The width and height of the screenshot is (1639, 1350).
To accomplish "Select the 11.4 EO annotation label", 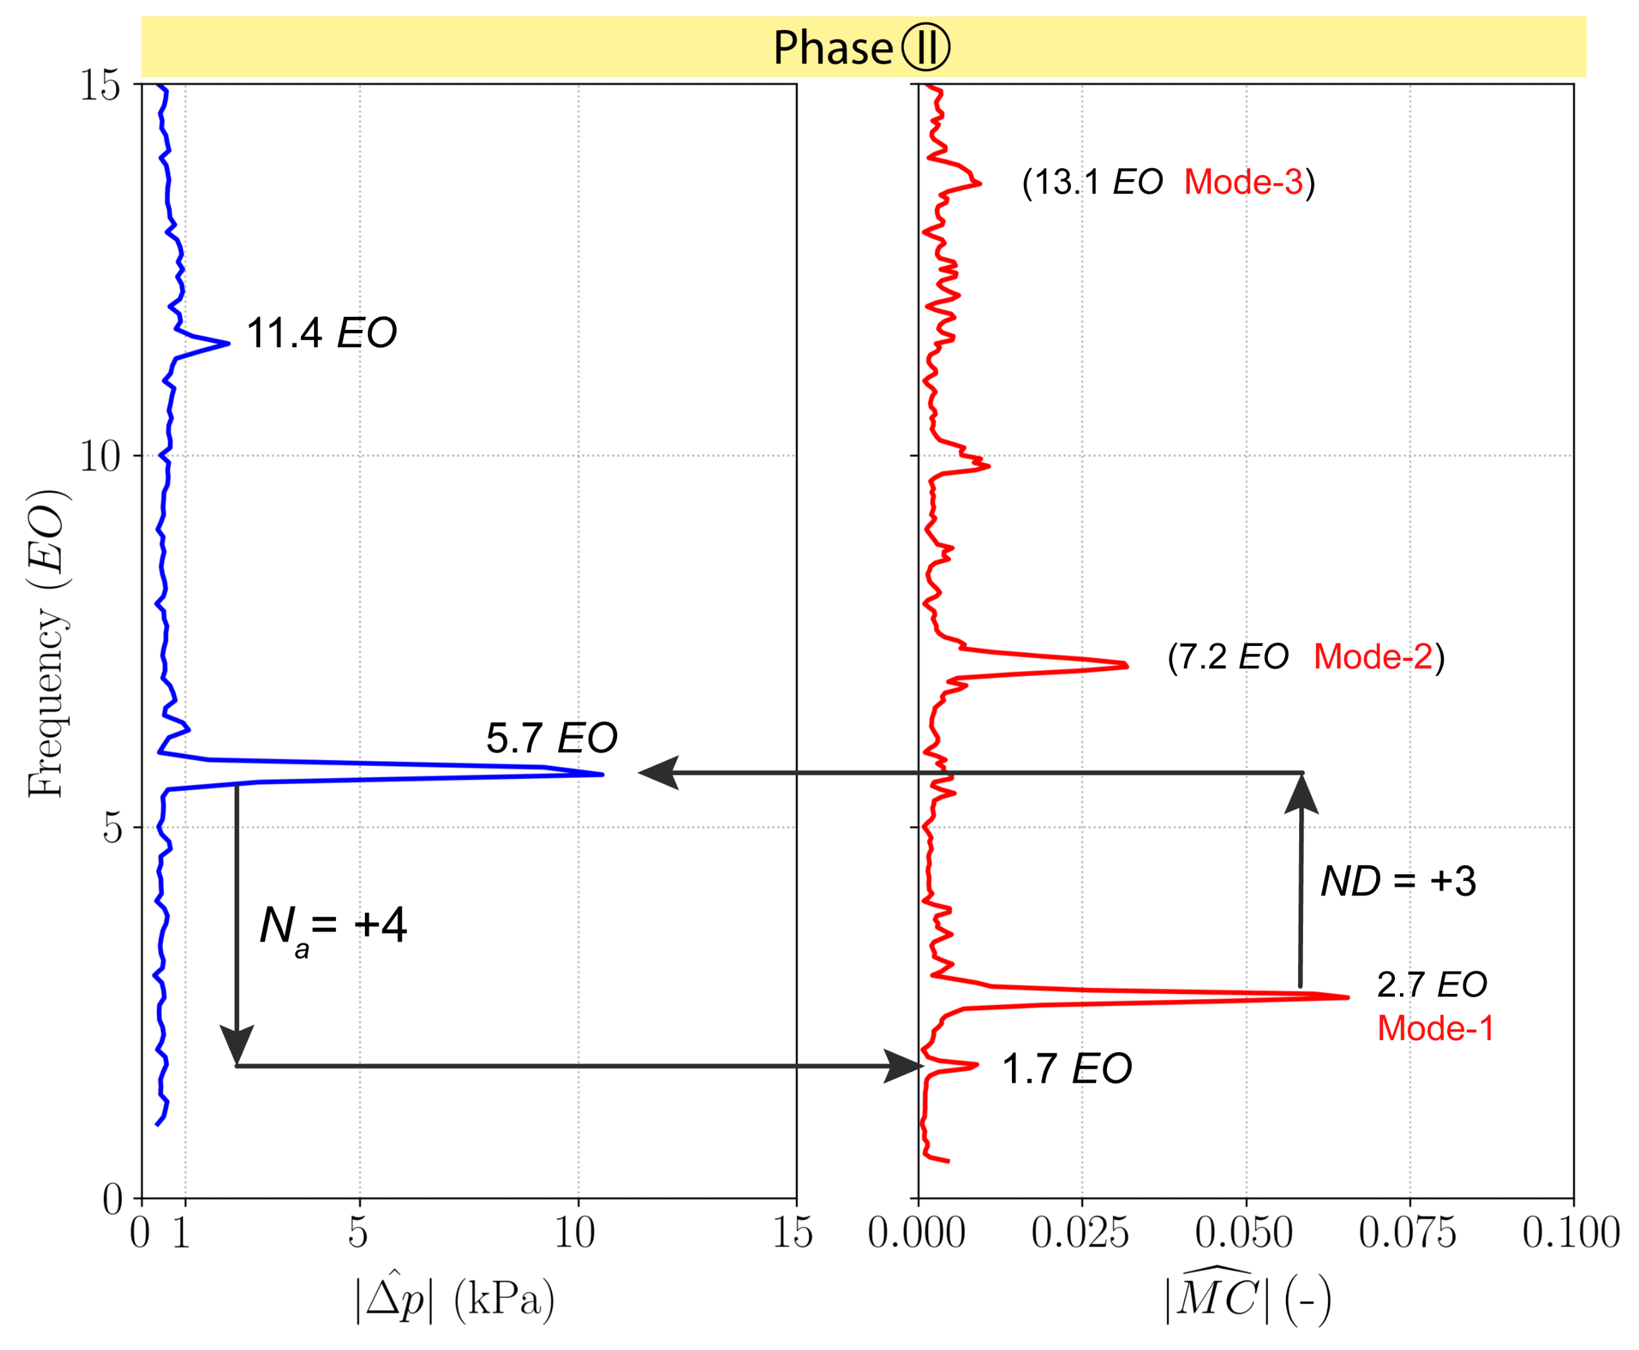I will coord(321,333).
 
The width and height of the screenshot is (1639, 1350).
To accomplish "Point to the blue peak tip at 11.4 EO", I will coord(228,343).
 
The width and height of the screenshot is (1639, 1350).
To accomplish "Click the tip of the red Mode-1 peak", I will coord(1347,997).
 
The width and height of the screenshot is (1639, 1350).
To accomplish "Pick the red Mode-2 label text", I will coord(1373,657).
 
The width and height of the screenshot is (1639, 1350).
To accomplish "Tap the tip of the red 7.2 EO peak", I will coord(1126,665).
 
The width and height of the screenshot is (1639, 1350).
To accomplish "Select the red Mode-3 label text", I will coord(1243,182).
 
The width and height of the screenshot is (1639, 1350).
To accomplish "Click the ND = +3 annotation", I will coord(1398,881).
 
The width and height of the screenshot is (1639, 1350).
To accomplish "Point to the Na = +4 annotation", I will coord(333,926).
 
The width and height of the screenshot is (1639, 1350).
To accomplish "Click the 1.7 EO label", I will coord(1067,1068).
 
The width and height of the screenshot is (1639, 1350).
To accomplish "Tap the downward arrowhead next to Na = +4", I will coord(237,1046).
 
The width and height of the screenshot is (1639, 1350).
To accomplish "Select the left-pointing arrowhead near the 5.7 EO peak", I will coord(658,772).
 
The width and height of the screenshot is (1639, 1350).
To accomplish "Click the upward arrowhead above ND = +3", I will coord(1301,793).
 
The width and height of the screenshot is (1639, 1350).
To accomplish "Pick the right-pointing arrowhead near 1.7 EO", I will coord(904,1066).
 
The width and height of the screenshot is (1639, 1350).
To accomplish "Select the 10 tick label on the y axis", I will coord(100,456).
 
